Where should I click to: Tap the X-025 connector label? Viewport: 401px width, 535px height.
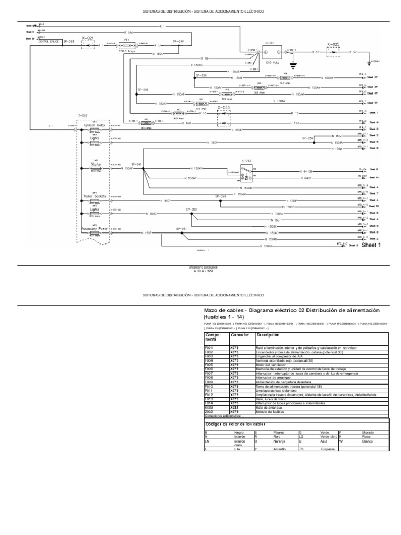(x=333, y=44)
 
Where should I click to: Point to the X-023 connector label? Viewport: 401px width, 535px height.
(x=224, y=107)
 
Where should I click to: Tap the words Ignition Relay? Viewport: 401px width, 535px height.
(x=95, y=125)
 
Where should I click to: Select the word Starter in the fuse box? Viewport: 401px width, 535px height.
(x=96, y=164)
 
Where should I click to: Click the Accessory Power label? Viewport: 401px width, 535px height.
(x=95, y=229)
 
